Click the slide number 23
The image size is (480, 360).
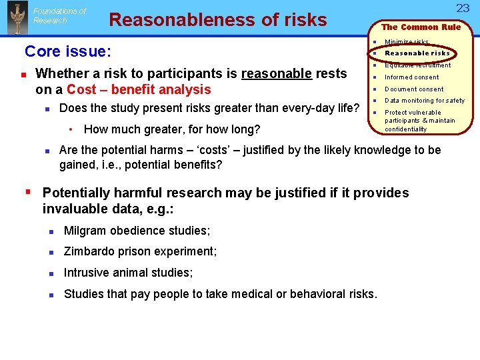(463, 8)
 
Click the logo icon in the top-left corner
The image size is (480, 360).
(17, 17)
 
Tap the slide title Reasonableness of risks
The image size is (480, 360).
(217, 20)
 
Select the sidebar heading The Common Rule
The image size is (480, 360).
(421, 27)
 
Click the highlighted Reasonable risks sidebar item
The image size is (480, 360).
(417, 53)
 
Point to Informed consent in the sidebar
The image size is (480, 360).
(411, 77)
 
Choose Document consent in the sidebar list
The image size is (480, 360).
(413, 89)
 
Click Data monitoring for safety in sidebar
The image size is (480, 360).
(424, 101)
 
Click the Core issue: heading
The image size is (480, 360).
(68, 51)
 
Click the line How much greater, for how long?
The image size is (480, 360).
(172, 129)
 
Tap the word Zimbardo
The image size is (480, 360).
(90, 251)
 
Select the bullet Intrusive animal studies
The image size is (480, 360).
(128, 273)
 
